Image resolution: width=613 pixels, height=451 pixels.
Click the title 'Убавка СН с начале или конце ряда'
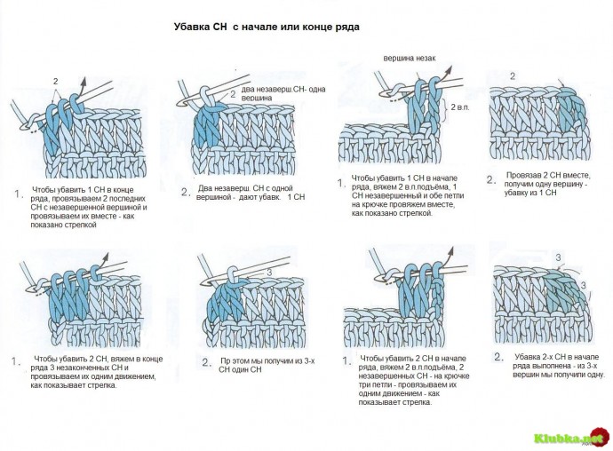pyautogui.click(x=267, y=28)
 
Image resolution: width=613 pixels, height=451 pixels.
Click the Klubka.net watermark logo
pyautogui.click(x=568, y=438)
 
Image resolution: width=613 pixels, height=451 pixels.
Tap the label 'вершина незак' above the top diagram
pyautogui.click(x=410, y=58)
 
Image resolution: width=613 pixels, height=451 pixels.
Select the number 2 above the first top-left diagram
pyautogui.click(x=55, y=81)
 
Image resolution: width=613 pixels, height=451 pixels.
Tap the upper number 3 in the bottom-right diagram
pyautogui.click(x=558, y=257)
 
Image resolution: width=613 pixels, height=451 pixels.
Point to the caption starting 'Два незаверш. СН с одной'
pyautogui.click(x=251, y=193)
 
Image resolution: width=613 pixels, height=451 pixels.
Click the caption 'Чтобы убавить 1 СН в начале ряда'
pyautogui.click(x=394, y=196)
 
